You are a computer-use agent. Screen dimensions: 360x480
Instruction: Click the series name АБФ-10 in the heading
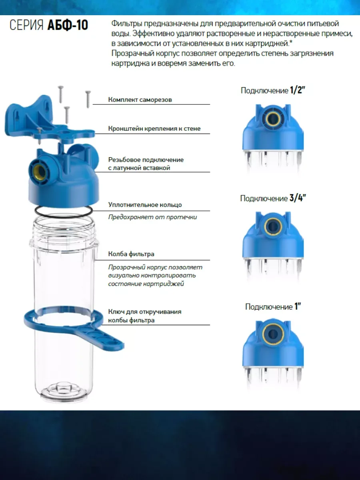point(68,25)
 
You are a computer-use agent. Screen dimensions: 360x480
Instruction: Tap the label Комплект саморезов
point(140,100)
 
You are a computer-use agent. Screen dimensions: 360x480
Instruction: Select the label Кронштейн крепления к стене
point(154,128)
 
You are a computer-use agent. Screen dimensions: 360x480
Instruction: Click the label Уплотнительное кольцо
point(145,205)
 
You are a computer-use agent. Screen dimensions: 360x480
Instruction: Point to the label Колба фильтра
point(131,254)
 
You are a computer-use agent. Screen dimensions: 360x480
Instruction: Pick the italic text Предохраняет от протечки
point(152,217)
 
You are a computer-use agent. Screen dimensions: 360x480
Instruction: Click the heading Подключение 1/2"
point(273,90)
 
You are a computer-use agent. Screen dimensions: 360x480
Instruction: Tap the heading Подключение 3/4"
point(273,198)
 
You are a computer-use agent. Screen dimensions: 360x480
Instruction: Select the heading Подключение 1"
point(273,306)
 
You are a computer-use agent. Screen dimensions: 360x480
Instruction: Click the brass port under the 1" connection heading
point(273,334)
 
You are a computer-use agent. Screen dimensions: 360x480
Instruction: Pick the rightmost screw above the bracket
point(88,99)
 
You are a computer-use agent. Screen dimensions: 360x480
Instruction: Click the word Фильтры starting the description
point(126,23)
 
